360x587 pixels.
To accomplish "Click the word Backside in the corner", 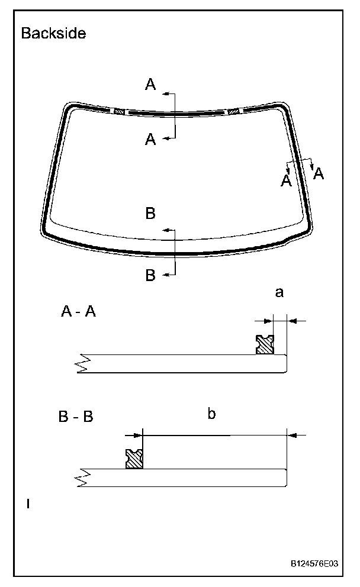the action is click(x=53, y=33).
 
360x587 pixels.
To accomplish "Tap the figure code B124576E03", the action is click(x=314, y=564).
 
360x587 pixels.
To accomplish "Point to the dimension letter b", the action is click(x=211, y=414).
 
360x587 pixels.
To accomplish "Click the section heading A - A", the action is click(x=78, y=312).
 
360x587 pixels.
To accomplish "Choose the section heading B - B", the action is click(x=76, y=417).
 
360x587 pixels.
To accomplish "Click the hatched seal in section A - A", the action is click(x=264, y=344).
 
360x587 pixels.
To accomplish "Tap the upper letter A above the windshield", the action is click(x=150, y=85).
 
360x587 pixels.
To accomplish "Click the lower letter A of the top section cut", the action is click(x=150, y=139).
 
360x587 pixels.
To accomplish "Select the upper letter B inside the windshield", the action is click(x=150, y=214).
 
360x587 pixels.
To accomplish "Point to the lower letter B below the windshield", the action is click(x=150, y=275).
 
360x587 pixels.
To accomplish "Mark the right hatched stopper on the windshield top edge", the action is click(x=233, y=111).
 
